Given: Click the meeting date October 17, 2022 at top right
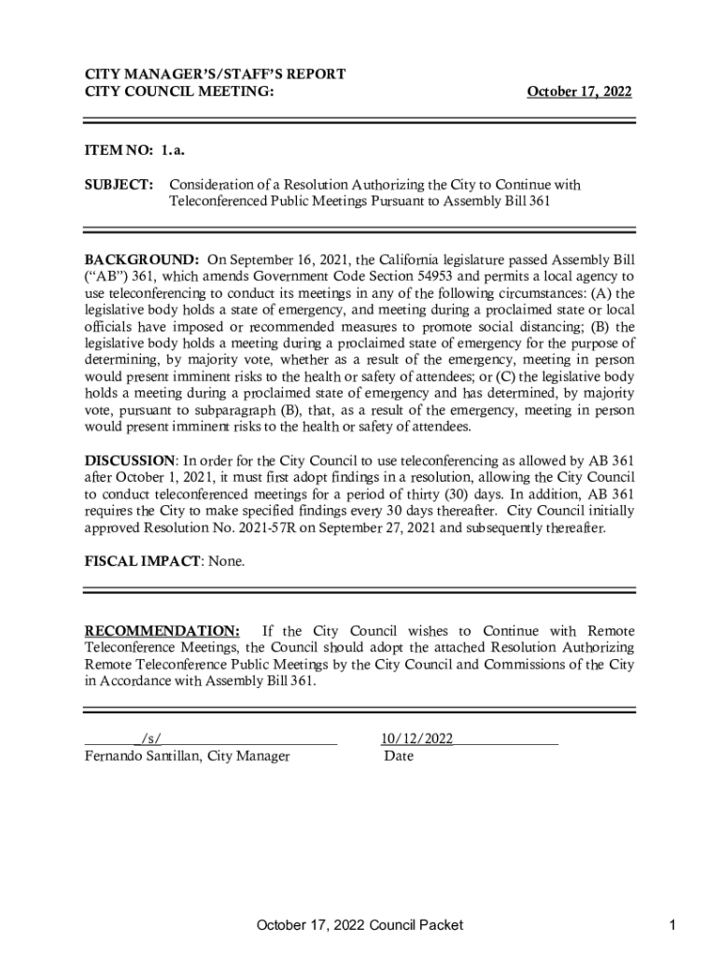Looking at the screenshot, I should (579, 91).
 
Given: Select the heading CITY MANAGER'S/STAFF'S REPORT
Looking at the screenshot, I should (216, 74).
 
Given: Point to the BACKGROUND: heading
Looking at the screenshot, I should (142, 260).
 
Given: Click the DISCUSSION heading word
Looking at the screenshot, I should (130, 460).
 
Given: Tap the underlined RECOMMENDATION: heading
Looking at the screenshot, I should (162, 631).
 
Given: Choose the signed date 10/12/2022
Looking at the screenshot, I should (417, 739).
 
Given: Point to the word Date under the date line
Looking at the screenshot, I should (399, 756).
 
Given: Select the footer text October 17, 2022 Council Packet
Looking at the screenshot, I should (360, 925).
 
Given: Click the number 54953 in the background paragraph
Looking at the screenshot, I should (486, 276).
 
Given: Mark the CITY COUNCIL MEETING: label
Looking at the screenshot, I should (179, 91).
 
